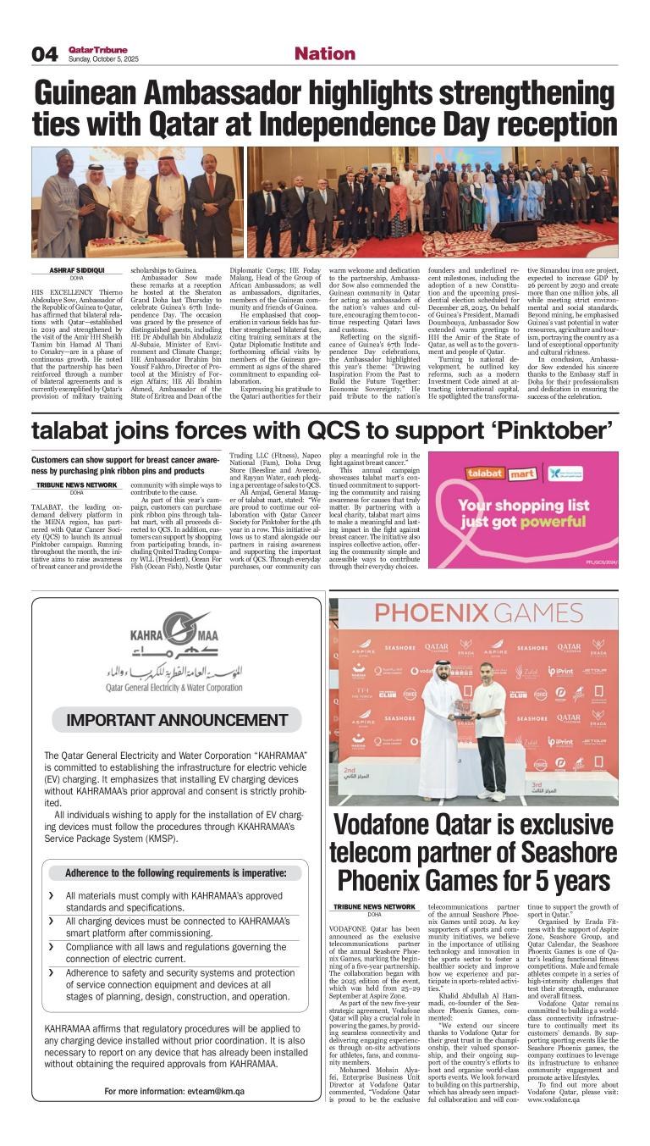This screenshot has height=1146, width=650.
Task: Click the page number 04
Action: pos(45,54)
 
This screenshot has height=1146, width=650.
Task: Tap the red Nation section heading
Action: pos(323,53)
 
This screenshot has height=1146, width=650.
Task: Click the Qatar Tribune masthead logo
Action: pos(91,49)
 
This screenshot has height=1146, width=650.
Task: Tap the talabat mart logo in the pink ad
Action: pos(470,474)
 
